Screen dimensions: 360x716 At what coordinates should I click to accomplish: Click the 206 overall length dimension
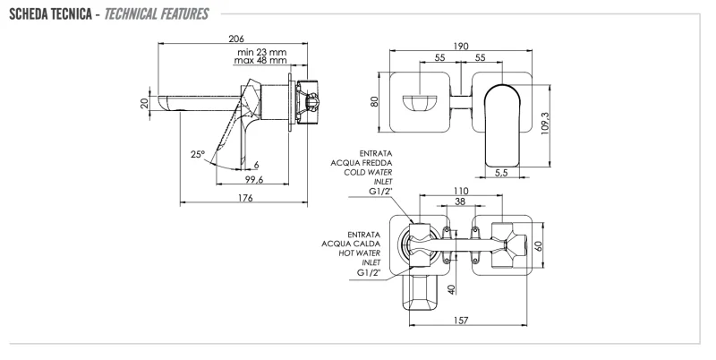[237, 39]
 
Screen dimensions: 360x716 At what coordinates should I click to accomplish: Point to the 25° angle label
[198, 154]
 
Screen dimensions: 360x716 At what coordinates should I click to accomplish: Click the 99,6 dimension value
[254, 181]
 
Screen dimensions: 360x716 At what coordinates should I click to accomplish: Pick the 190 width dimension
[461, 45]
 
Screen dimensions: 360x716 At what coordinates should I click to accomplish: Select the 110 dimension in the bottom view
[461, 192]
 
